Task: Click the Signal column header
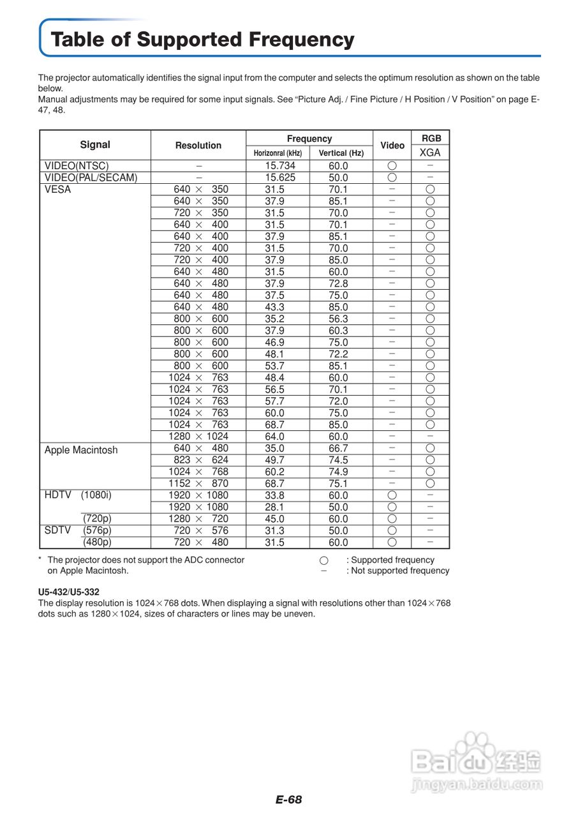coord(95,145)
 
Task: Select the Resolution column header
coord(198,146)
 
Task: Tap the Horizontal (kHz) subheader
coord(278,153)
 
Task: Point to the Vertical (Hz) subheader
coord(341,153)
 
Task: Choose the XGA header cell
coord(430,153)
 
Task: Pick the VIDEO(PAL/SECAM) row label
coord(91,177)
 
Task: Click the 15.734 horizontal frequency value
coord(280,166)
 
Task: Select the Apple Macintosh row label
coord(81,450)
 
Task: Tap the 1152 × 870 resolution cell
coord(198,483)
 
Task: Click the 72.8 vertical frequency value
coord(338,283)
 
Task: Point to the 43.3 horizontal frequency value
coord(275,307)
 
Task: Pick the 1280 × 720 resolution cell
coord(198,519)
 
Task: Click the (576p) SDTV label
coord(97,530)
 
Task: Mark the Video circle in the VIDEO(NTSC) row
coord(392,166)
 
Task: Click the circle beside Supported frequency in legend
coord(324,560)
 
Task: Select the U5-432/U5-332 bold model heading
coord(69,592)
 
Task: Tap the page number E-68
coord(289,800)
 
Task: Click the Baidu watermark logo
coord(476,760)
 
